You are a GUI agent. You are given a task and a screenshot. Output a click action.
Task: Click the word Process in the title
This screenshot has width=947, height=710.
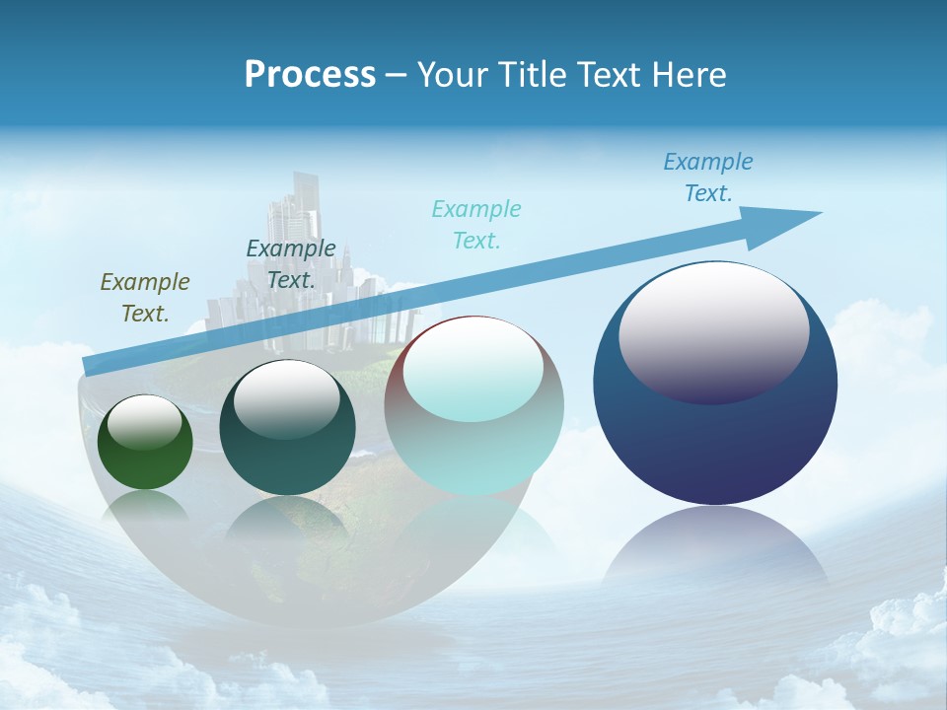(310, 75)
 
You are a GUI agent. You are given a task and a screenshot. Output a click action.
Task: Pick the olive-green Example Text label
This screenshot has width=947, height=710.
(144, 297)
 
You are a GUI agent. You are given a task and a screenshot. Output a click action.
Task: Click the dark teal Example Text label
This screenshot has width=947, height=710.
(290, 263)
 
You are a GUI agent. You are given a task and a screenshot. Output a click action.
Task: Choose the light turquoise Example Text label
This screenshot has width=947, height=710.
(475, 224)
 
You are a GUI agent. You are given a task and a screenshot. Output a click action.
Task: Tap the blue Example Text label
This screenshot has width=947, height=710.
(707, 177)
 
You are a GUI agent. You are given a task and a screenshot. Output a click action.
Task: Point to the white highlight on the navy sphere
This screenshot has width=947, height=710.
(713, 330)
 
